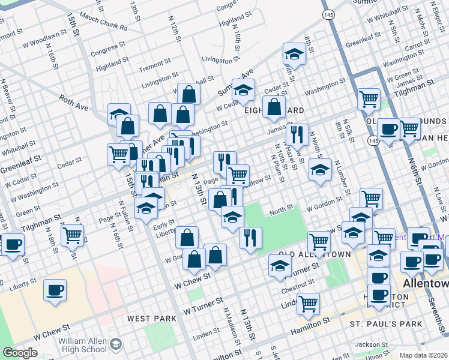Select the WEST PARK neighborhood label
click(x=152, y=318)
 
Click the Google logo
click(x=20, y=353)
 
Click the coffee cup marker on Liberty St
click(x=55, y=290)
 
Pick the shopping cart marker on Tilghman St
click(x=369, y=98)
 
